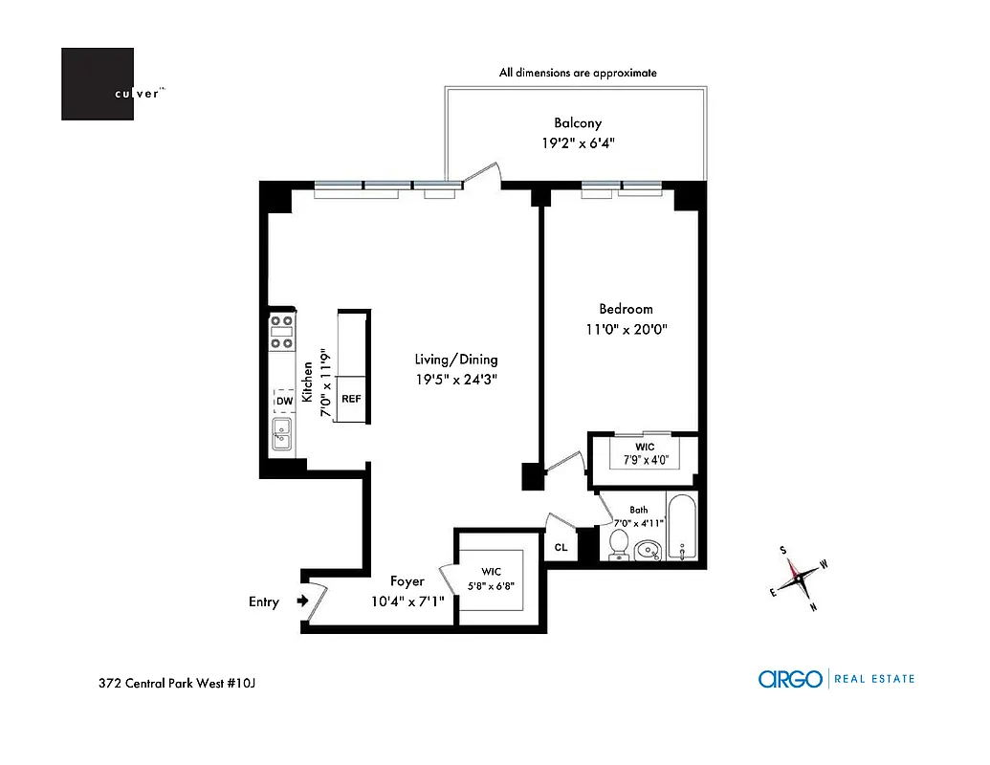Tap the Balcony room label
click(x=578, y=123)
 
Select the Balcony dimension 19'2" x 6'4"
click(x=578, y=143)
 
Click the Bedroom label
click(x=626, y=309)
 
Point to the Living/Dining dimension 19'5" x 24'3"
click(x=456, y=379)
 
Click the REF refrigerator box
click(x=351, y=398)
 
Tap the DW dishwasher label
click(x=283, y=402)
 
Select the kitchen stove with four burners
click(x=281, y=332)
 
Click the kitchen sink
click(x=282, y=434)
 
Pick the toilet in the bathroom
click(x=619, y=545)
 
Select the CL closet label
click(x=561, y=548)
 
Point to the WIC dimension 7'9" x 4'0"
click(x=645, y=460)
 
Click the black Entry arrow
click(x=302, y=601)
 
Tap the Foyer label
click(x=407, y=581)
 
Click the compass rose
click(x=797, y=577)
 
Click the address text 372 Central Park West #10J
click(x=178, y=683)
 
